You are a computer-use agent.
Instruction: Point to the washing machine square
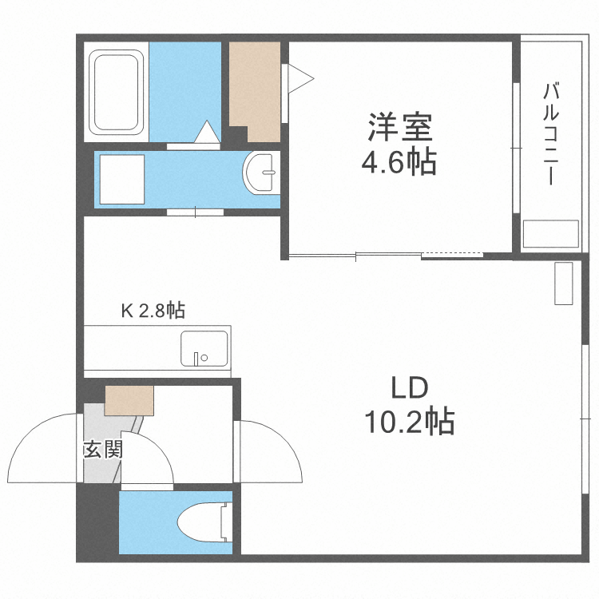[121, 179]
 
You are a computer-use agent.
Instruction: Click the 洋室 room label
[399, 128]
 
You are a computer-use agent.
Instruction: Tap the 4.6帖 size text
[399, 164]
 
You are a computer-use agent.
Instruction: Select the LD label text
[410, 389]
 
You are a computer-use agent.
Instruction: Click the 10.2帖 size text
[409, 421]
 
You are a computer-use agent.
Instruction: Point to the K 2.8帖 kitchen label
[153, 311]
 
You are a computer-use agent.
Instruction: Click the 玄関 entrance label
[102, 450]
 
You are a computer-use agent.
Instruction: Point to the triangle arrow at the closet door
[301, 78]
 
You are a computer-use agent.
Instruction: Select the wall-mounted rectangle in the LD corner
[564, 283]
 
